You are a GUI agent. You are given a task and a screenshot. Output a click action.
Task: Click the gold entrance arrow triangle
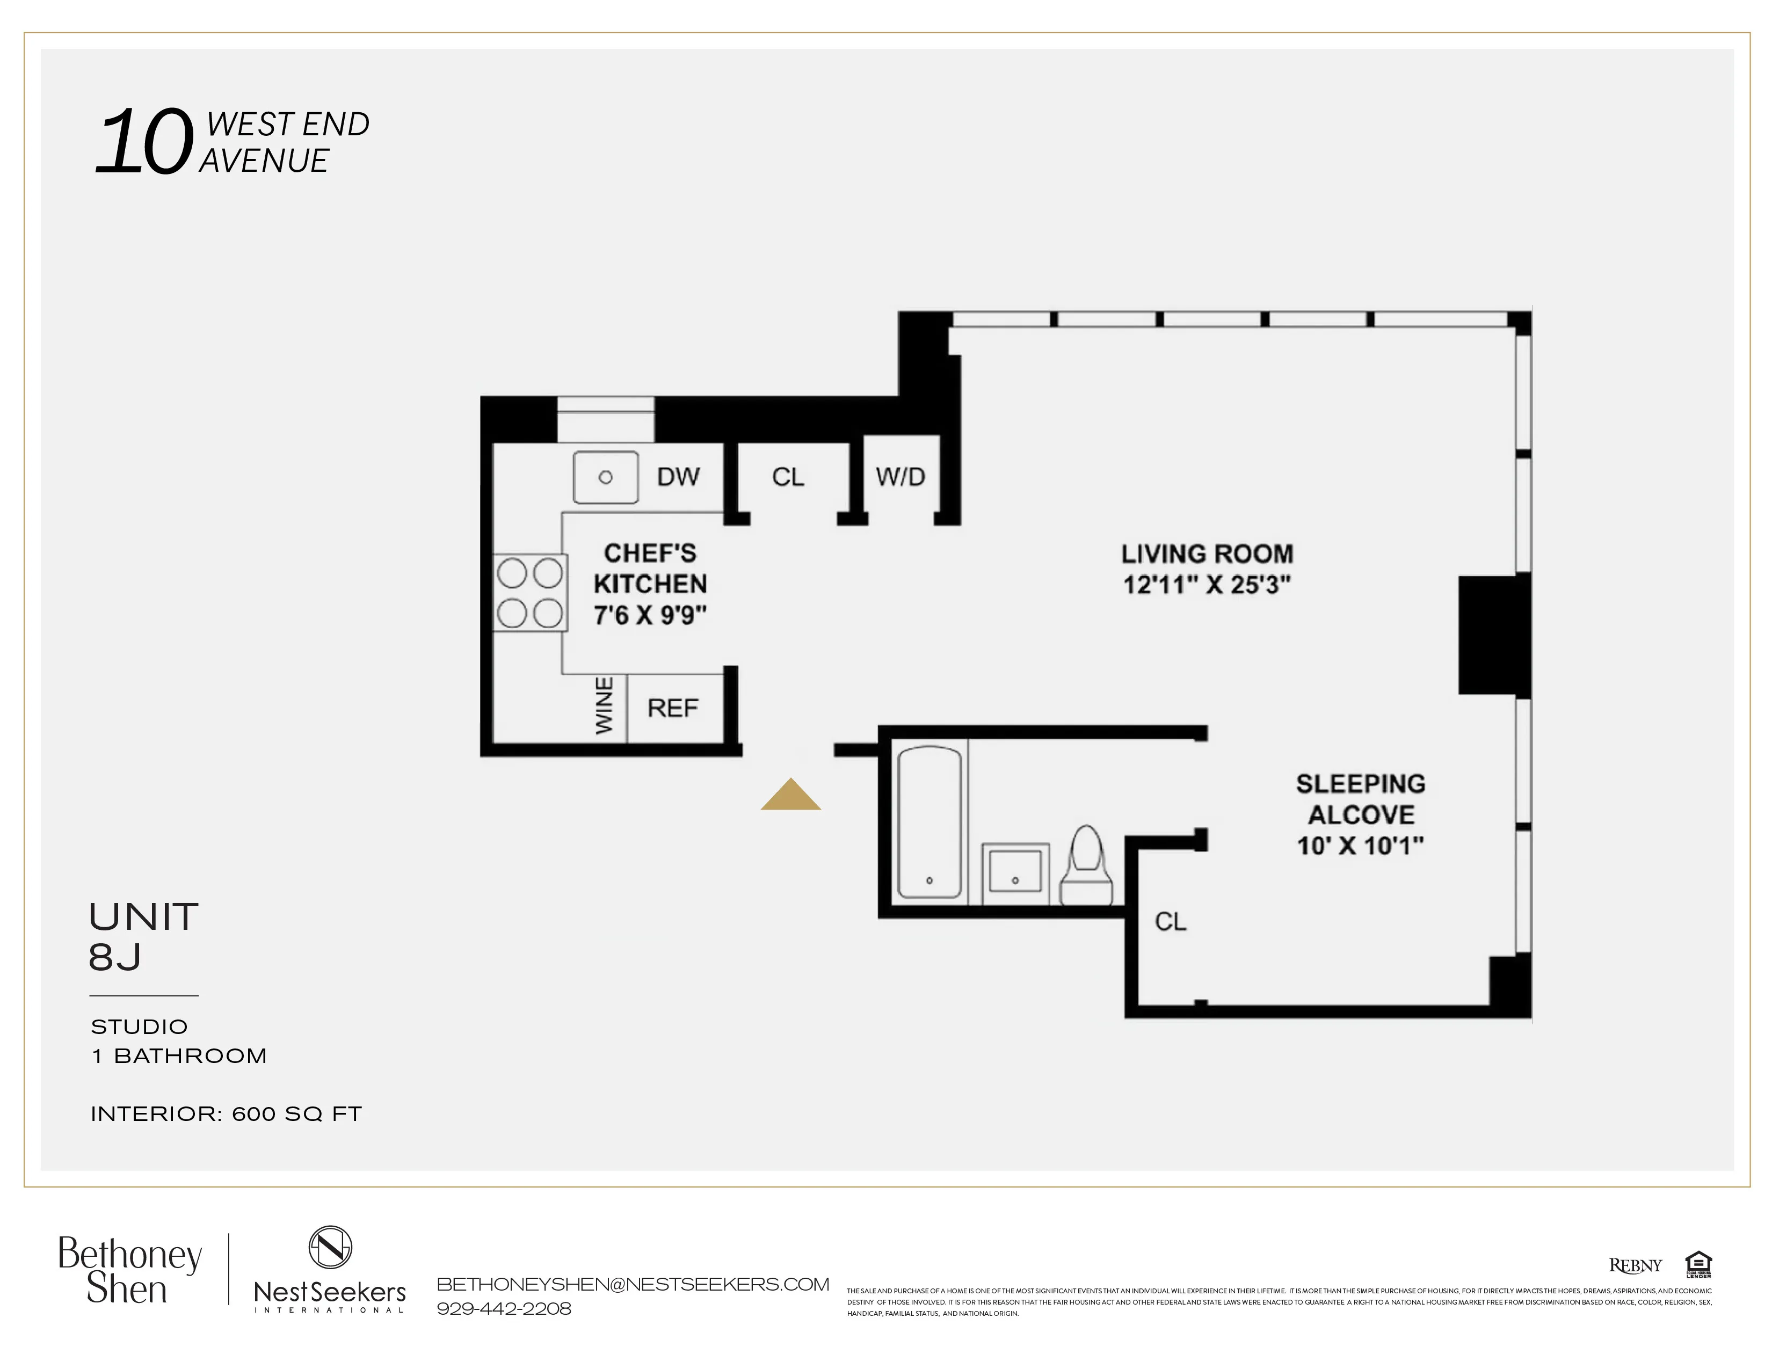coord(790,796)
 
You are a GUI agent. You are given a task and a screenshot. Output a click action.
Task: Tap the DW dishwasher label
coord(678,477)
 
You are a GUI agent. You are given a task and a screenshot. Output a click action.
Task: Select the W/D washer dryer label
coord(900,477)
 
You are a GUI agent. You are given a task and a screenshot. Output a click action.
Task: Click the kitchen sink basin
coord(605,478)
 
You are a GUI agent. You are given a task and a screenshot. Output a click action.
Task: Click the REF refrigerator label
coord(673,708)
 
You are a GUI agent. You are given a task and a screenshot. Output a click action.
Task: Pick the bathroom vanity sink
coord(1015,872)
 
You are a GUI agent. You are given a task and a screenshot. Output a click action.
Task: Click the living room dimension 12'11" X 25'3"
coord(1207,585)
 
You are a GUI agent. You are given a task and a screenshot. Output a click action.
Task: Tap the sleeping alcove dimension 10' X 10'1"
coord(1360,846)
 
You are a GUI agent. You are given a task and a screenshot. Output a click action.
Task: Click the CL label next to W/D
coord(788,477)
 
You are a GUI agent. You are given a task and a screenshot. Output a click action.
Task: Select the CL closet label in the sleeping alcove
coord(1170,921)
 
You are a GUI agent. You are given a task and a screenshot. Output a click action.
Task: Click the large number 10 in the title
coord(144,143)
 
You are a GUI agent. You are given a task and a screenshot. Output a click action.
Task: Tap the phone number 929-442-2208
coord(504,1308)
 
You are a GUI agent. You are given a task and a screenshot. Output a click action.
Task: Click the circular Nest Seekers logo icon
coord(330,1247)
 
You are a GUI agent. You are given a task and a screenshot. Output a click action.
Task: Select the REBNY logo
coord(1635,1265)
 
